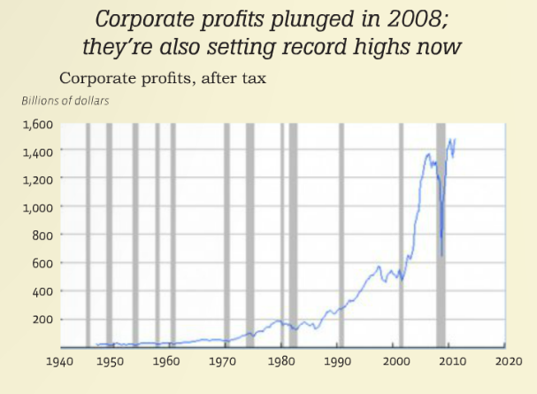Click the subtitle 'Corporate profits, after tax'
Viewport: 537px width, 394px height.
click(163, 79)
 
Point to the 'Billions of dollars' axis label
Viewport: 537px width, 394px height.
click(65, 101)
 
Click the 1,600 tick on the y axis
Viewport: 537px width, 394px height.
click(37, 124)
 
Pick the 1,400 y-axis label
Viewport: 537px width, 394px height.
click(37, 151)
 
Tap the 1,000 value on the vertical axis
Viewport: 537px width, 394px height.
click(37, 207)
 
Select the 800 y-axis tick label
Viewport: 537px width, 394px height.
click(42, 236)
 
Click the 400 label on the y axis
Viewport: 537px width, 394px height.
click(42, 291)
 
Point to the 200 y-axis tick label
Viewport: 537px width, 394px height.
click(42, 319)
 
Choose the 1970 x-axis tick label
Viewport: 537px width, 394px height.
click(224, 362)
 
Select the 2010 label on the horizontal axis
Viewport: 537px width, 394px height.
click(452, 362)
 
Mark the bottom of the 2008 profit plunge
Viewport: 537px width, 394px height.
click(441, 256)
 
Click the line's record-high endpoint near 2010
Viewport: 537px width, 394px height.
click(455, 138)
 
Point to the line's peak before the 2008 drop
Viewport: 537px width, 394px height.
click(429, 155)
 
